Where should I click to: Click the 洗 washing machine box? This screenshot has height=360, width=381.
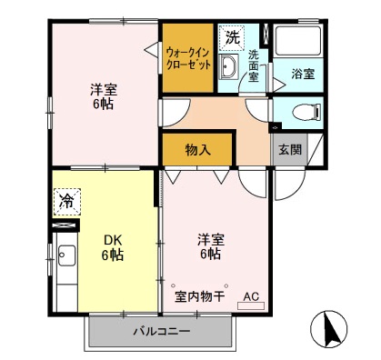(233, 38)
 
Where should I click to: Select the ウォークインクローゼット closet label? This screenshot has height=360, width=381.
(188, 58)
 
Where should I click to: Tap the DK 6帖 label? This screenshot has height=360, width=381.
(113, 247)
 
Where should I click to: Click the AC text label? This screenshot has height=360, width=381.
(252, 295)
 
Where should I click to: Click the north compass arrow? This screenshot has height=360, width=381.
(332, 328)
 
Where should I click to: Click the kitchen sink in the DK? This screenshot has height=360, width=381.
(66, 259)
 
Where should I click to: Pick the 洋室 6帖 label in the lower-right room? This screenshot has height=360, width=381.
(208, 247)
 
